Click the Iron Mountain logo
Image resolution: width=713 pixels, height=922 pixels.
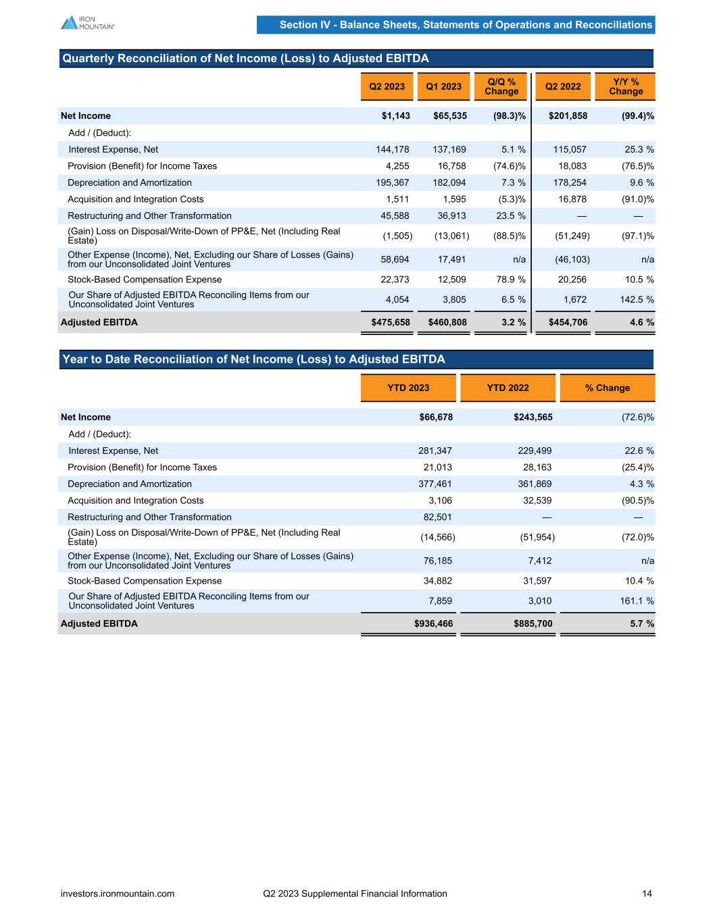point(87,22)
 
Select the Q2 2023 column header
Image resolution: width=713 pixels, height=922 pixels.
point(387,86)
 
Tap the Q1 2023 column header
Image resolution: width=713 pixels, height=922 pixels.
point(443,86)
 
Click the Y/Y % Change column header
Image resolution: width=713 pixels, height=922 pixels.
point(625,86)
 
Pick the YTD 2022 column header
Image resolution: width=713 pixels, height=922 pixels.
point(508,388)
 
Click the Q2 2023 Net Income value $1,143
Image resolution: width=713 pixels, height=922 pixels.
point(396,116)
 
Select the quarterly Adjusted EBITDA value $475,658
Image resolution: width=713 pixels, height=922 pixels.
point(391,322)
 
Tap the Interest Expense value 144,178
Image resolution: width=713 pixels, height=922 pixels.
point(392,149)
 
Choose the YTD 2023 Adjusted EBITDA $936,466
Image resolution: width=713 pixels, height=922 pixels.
point(433,623)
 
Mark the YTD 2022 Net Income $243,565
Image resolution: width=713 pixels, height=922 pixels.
point(533,417)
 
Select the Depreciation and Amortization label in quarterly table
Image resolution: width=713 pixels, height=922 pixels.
point(129,182)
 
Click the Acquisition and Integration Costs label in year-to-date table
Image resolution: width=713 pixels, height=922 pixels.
point(135,501)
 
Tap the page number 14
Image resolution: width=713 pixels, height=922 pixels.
point(647,894)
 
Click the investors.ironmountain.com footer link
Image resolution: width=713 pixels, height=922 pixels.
point(118,894)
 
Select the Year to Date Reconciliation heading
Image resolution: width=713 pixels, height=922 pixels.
point(253,359)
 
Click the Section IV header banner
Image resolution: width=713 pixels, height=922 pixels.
point(466,25)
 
